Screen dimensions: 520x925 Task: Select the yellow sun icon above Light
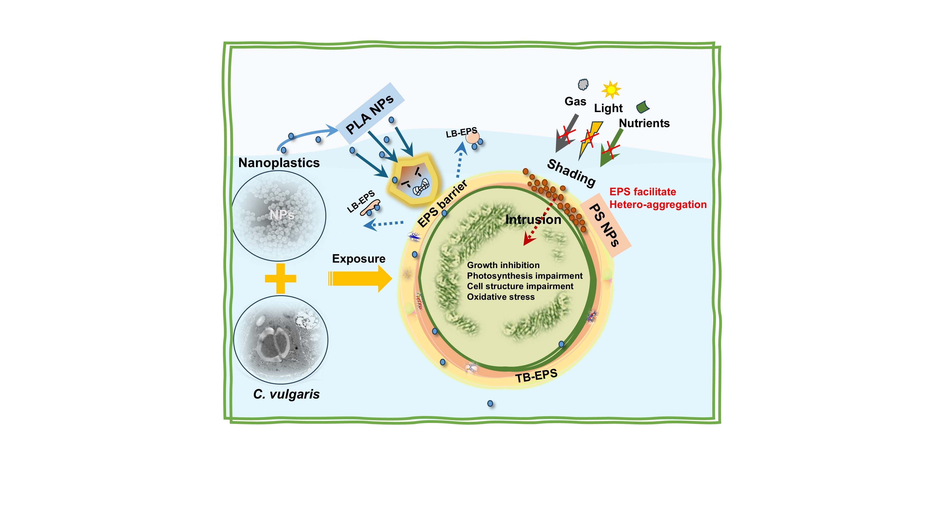[611, 90]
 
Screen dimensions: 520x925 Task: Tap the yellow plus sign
[281, 278]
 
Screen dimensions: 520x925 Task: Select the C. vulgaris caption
[286, 394]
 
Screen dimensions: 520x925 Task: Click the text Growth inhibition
[503, 265]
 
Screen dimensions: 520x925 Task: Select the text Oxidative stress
[501, 297]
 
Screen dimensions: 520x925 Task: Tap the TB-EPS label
[536, 376]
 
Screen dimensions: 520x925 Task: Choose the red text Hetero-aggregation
[658, 205]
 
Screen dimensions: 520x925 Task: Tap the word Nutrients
[644, 123]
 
